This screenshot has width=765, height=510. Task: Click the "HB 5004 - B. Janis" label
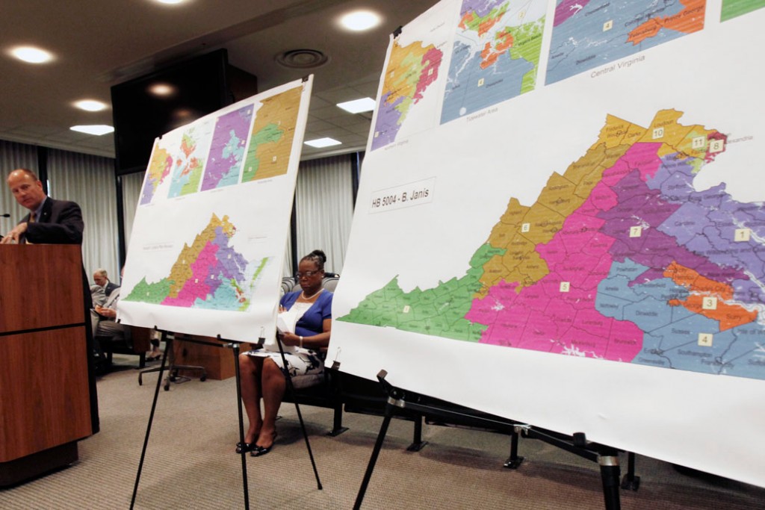point(402,196)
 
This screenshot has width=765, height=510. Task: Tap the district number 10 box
point(657,133)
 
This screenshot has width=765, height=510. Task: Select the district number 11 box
point(698,142)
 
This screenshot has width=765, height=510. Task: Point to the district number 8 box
point(716,146)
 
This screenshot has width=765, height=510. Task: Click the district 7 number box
point(635,231)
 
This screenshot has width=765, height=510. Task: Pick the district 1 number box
point(741,234)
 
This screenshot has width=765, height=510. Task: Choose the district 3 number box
point(709,303)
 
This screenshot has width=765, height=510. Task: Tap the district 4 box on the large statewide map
point(704,339)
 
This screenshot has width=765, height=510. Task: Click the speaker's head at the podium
point(25,189)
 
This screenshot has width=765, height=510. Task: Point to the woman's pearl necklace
point(311,295)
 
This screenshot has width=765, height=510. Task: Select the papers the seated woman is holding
point(287,321)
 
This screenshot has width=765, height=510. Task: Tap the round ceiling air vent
point(301,58)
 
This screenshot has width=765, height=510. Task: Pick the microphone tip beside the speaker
point(4,215)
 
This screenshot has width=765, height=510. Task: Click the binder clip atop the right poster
point(397,32)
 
